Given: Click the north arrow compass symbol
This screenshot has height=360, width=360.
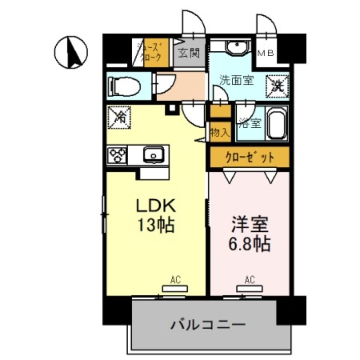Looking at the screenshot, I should click(x=71, y=51).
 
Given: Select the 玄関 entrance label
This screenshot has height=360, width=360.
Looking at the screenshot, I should click(x=189, y=54).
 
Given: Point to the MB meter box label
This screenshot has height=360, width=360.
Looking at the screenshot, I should click(x=265, y=54).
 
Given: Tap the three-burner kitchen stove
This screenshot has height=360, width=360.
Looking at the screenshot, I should click(x=117, y=155).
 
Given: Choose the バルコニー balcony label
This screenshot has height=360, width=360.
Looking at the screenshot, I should click(x=208, y=324).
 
